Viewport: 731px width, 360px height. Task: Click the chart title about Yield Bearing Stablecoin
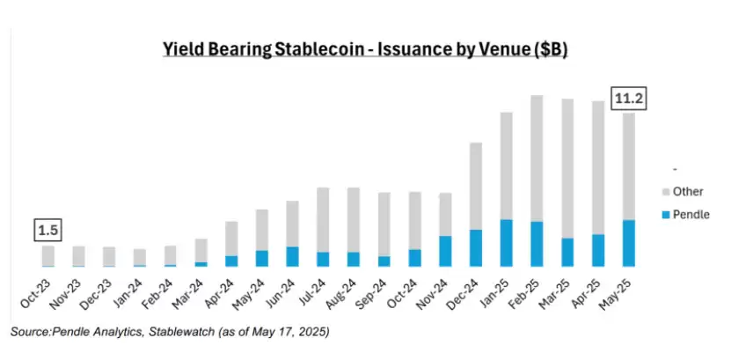pos(365,49)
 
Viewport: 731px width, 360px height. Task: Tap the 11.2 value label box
pos(628,99)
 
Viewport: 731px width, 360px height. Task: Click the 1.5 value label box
pos(48,230)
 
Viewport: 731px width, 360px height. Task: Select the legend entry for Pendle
pos(685,215)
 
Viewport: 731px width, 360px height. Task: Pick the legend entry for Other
pos(682,191)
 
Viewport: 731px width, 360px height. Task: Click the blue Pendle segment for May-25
pos(628,243)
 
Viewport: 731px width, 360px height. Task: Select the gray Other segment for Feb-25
pos(537,158)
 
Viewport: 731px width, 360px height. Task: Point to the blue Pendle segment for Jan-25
pos(506,243)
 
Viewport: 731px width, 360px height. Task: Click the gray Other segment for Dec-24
pos(476,186)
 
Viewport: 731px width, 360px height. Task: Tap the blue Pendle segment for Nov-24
pos(445,251)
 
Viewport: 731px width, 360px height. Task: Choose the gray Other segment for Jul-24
pos(323,220)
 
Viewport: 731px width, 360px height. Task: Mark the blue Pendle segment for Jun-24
pos(292,256)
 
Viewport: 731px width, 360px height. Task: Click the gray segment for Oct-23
pos(48,255)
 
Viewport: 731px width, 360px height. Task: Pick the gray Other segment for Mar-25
pos(567,168)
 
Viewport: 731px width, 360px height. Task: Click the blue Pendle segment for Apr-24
pos(231,261)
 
